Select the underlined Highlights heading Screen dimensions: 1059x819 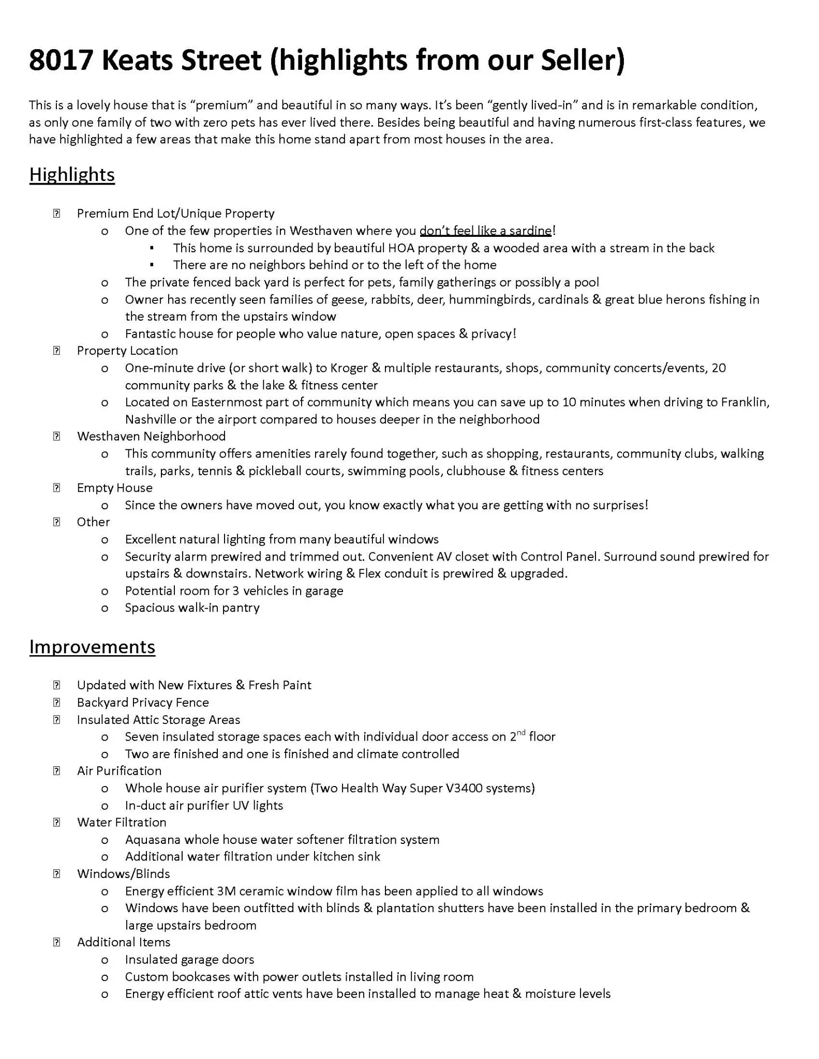coord(72,175)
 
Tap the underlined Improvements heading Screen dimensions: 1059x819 coord(92,647)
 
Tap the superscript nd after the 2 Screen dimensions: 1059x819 coord(521,733)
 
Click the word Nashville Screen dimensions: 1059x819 coord(150,419)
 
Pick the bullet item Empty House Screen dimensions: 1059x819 coord(114,488)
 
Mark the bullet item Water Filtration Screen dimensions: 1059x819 coord(122,822)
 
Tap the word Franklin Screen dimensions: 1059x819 coord(744,402)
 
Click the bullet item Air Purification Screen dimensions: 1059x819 coord(119,771)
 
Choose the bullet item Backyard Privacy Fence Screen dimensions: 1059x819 coord(143,702)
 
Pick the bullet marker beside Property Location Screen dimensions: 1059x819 coord(56,351)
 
